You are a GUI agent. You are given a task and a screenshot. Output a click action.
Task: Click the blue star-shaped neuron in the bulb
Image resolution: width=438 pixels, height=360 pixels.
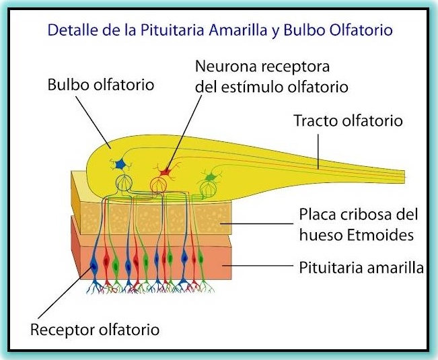(121, 164)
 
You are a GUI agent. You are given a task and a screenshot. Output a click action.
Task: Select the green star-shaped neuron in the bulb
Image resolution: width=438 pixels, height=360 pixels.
(210, 177)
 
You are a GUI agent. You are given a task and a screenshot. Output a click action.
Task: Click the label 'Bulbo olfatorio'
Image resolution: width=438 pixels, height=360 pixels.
(101, 85)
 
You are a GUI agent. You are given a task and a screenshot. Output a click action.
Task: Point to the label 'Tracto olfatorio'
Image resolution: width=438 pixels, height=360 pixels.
(348, 121)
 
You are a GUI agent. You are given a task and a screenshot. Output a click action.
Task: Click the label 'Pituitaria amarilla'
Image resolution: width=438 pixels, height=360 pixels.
(361, 268)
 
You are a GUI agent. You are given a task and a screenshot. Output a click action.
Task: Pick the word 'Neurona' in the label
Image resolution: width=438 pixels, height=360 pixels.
(222, 67)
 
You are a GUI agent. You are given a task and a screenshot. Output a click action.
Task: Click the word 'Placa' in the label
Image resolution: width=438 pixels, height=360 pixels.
(314, 215)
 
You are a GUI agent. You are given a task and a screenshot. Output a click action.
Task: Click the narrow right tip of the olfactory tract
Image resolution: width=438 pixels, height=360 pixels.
(402, 174)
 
